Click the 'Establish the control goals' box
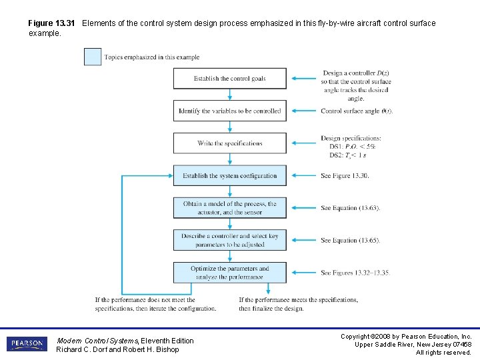click(230, 79)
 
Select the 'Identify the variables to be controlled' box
click(230, 111)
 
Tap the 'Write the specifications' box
click(230, 143)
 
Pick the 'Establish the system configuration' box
click(230, 176)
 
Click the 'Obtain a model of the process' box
click(230, 208)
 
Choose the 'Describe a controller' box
click(230, 240)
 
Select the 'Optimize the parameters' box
click(230, 273)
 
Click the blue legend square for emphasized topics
click(93, 57)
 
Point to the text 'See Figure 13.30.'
click(345, 176)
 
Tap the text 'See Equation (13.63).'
click(350, 208)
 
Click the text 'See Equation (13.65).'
click(350, 240)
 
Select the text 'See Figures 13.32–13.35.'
click(355, 273)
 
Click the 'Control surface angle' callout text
click(357, 111)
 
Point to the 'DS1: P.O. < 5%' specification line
click(353, 147)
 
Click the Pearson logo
click(27, 344)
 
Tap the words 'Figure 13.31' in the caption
click(51, 23)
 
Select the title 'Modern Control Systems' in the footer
click(97, 341)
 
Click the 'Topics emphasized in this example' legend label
click(152, 57)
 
